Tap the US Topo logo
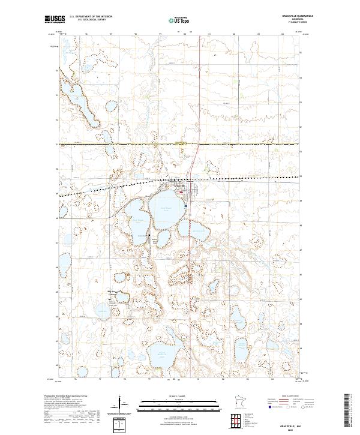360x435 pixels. pos(172,19)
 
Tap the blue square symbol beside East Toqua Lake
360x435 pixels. pos(186,206)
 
